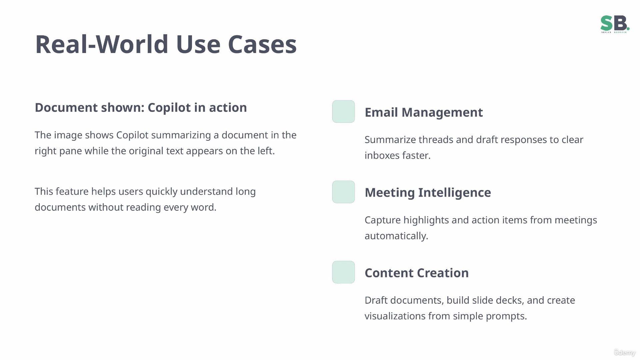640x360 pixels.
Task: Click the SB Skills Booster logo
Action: pyautogui.click(x=615, y=24)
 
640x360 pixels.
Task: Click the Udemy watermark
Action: pyautogui.click(x=625, y=352)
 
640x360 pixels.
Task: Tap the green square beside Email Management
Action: pyautogui.click(x=343, y=112)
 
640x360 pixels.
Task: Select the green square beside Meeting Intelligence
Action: pyautogui.click(x=343, y=192)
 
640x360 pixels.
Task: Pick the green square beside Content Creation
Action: pyautogui.click(x=343, y=272)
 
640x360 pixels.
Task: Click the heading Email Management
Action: pyautogui.click(x=424, y=112)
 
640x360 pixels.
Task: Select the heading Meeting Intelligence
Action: pyautogui.click(x=428, y=193)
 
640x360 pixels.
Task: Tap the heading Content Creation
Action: pyautogui.click(x=417, y=273)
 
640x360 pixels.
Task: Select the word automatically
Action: pyautogui.click(x=396, y=236)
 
